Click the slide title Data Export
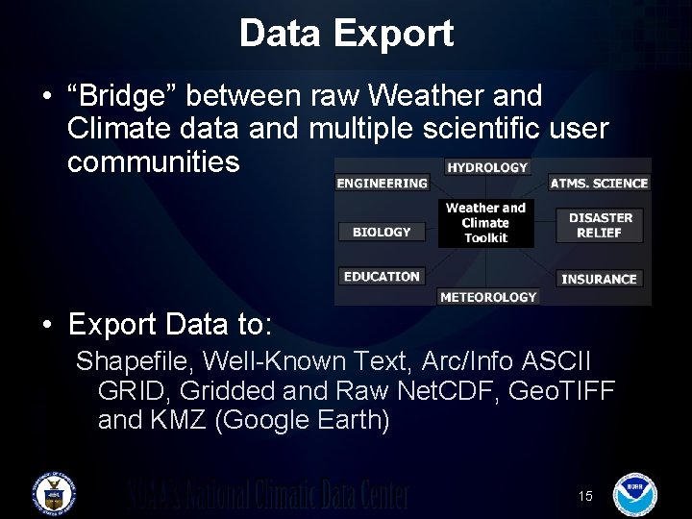(346, 34)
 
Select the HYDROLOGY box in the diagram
(486, 167)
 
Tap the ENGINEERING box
(382, 184)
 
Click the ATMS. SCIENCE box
(599, 184)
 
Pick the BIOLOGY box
(382, 232)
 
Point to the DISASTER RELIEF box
(601, 225)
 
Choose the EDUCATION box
(382, 277)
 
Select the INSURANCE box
(599, 279)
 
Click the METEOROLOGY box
(487, 297)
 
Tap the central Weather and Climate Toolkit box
(486, 222)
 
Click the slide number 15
(585, 496)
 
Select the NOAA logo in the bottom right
(634, 493)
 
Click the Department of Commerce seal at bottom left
(54, 493)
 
